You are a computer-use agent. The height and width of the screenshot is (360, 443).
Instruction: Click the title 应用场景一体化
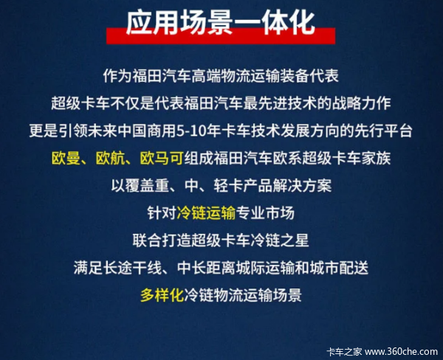pyautogui.click(x=220, y=23)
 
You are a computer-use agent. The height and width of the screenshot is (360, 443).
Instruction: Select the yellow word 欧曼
pyautogui.click(x=66, y=159)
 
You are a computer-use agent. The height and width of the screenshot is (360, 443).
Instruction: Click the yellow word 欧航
pyautogui.click(x=110, y=159)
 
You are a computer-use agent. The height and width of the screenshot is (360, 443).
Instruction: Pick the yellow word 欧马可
pyautogui.click(x=162, y=159)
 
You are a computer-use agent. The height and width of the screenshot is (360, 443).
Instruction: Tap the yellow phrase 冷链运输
pyautogui.click(x=206, y=213)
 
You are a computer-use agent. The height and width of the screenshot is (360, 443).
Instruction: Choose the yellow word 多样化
pyautogui.click(x=162, y=295)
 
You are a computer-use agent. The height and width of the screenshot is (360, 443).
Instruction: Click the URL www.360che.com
pyautogui.click(x=401, y=352)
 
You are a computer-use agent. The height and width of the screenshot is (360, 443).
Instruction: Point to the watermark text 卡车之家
pyautogui.click(x=344, y=352)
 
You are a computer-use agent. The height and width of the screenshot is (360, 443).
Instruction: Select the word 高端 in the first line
pyautogui.click(x=206, y=76)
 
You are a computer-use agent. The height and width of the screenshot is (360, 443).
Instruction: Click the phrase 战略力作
pyautogui.click(x=362, y=103)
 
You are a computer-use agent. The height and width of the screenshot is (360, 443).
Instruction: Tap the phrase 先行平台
pyautogui.click(x=383, y=131)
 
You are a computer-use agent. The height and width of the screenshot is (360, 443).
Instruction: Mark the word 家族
pyautogui.click(x=376, y=159)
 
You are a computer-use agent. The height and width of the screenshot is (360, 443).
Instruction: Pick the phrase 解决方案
pyautogui.click(x=302, y=186)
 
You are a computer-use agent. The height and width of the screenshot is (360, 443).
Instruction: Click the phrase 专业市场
pyautogui.click(x=265, y=213)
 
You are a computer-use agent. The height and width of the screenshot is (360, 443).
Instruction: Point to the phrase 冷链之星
pyautogui.click(x=280, y=240)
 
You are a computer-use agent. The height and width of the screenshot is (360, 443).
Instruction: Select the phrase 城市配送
pyautogui.click(x=339, y=268)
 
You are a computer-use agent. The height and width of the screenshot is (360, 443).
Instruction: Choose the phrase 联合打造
pyautogui.click(x=162, y=240)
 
